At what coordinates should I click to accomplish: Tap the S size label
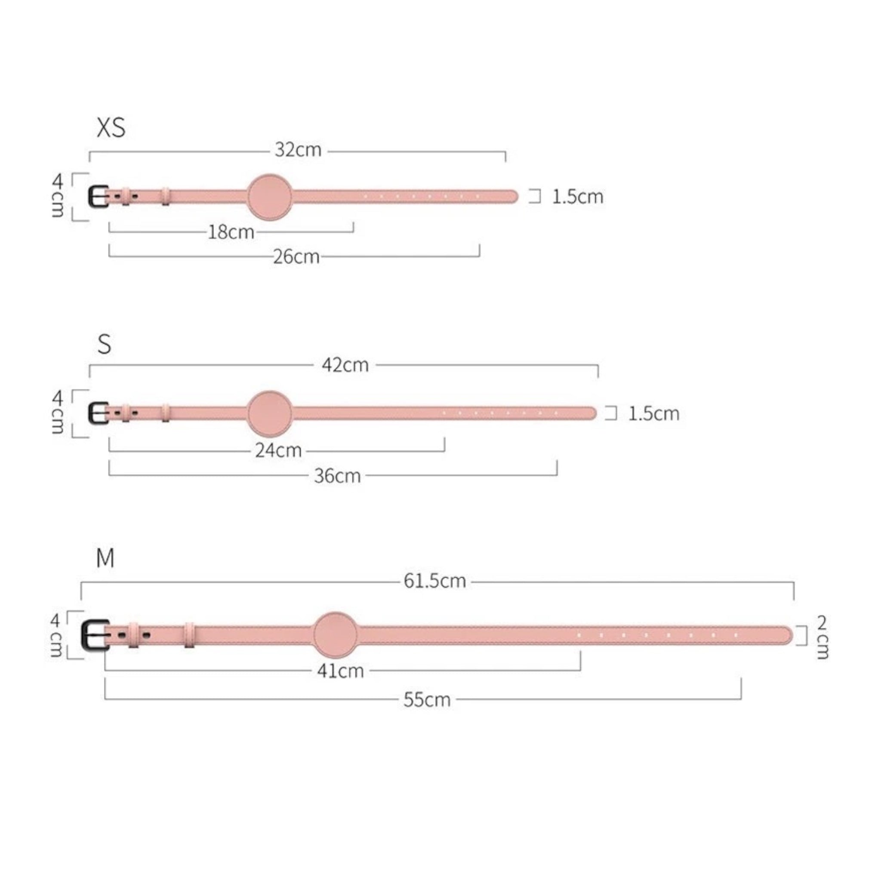coord(105,345)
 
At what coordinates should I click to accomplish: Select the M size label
coord(105,558)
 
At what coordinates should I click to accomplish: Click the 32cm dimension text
coord(298,150)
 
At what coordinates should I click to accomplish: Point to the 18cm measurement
coord(231,232)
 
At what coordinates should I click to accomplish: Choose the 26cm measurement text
coord(296,257)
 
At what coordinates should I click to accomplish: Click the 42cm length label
coord(345,365)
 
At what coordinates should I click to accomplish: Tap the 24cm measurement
coord(279,450)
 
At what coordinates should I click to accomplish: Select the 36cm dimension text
coord(337,476)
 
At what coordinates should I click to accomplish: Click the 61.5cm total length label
coord(435,581)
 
